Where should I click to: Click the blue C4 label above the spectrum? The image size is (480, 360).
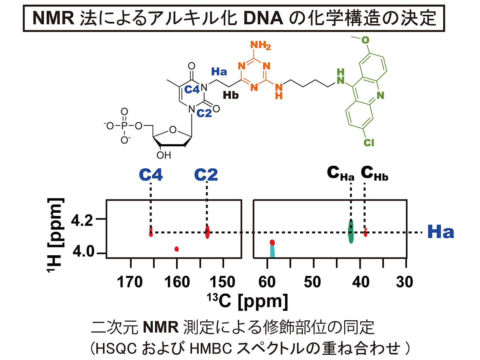(x=151, y=175)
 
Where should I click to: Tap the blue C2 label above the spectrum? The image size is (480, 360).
(x=206, y=175)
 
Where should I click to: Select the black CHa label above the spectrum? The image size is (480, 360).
(x=341, y=173)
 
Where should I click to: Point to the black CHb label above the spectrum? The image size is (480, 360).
(x=374, y=173)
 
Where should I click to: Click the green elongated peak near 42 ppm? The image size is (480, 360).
(x=351, y=232)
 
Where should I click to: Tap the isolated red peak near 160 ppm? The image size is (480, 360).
(x=176, y=249)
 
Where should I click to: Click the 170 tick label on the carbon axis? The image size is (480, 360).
(x=130, y=282)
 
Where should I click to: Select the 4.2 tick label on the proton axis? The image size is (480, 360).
(x=82, y=220)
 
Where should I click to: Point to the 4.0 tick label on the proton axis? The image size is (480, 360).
(x=82, y=252)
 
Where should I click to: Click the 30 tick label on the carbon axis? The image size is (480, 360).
(x=405, y=282)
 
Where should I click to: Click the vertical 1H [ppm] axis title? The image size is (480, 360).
(x=55, y=235)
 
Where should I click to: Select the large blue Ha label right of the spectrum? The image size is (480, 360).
(x=440, y=232)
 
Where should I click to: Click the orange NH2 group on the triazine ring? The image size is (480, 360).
(x=260, y=45)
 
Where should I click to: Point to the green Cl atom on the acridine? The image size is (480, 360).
(x=369, y=143)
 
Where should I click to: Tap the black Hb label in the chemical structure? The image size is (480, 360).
(x=231, y=96)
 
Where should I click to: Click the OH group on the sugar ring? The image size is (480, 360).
(x=164, y=155)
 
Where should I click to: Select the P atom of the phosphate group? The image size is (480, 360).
(x=124, y=126)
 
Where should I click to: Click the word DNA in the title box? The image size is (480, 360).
(x=263, y=18)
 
